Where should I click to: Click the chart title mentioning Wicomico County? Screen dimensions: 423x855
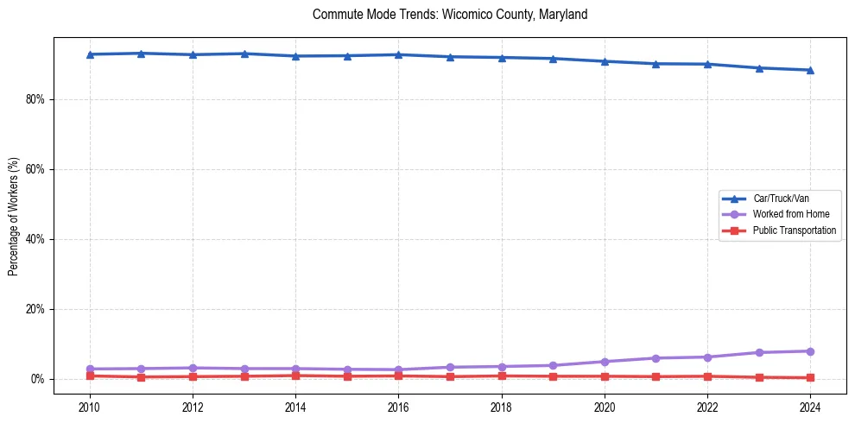coord(450,15)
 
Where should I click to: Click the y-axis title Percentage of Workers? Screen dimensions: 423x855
coord(14,215)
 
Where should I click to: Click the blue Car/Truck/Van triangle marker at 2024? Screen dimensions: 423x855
coord(810,70)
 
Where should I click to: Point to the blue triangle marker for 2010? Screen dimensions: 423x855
coord(90,54)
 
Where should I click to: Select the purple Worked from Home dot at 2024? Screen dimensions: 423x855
coord(810,351)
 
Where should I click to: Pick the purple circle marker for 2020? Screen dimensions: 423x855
coord(605,362)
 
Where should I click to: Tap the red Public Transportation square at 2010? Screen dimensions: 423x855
coord(90,376)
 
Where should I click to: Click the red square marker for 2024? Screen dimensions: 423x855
coord(810,377)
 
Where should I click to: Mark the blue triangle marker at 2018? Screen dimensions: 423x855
coord(502,58)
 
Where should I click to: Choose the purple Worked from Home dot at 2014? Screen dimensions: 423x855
coord(295,369)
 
